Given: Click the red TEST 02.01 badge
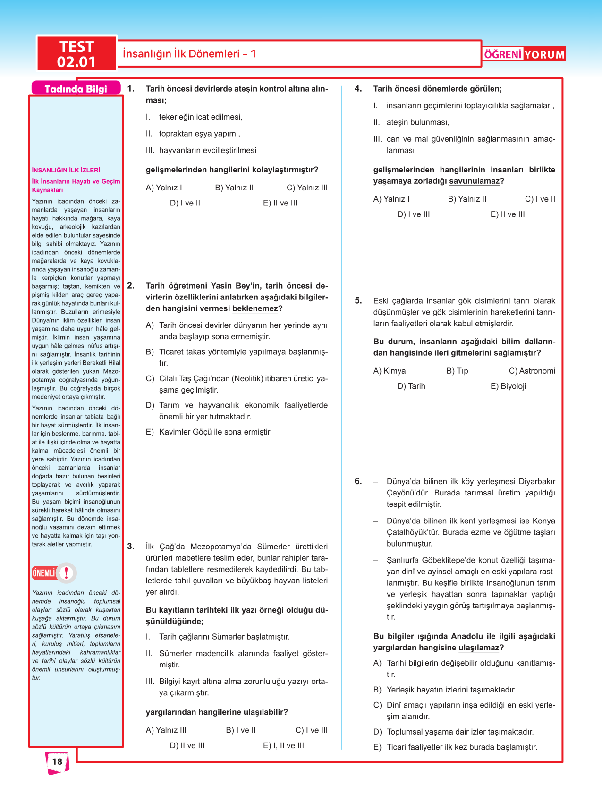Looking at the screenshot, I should pos(76,54).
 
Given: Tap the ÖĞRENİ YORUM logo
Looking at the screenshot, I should pos(524,54).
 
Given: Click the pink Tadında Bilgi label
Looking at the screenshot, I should pos(76,89).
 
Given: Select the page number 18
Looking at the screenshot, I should pos(57,761).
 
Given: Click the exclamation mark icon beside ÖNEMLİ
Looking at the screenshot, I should pos(67,573).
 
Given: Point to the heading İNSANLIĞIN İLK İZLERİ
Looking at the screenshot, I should pos(66,170).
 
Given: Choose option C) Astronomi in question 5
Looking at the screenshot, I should pos(532,371).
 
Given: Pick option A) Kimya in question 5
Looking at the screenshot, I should pos(389,371).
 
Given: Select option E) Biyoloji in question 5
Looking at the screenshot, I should pos(508,386).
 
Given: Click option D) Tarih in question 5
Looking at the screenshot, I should pos(411,386).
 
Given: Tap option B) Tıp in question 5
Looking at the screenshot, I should pos(457,371).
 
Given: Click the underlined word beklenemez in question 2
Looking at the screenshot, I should pos(255,308).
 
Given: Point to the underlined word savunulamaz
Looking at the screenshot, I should pos(474,181).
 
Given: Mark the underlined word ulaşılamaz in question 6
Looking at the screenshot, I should pos(478,648).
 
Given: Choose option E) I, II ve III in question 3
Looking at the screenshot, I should pos(283,745).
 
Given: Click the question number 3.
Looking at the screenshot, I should pos(131,547).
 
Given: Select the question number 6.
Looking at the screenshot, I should pos(358,481).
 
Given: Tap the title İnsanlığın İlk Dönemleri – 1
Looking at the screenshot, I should pos(189,54).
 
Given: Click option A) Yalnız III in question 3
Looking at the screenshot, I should pos(166,730).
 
